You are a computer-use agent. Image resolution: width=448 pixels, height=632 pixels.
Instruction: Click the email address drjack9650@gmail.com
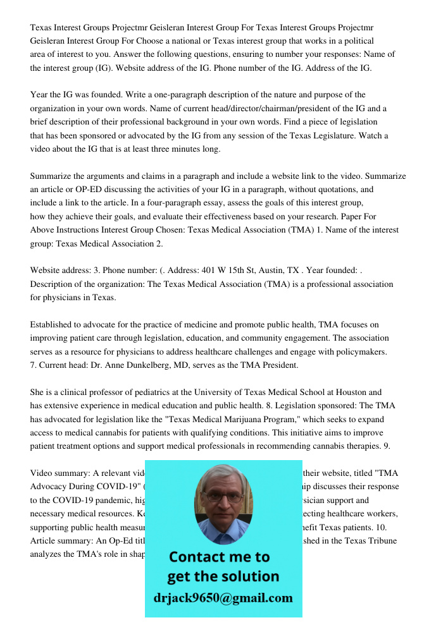coord(223,598)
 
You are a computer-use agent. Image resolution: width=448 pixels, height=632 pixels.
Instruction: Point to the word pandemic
coord(90,500)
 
